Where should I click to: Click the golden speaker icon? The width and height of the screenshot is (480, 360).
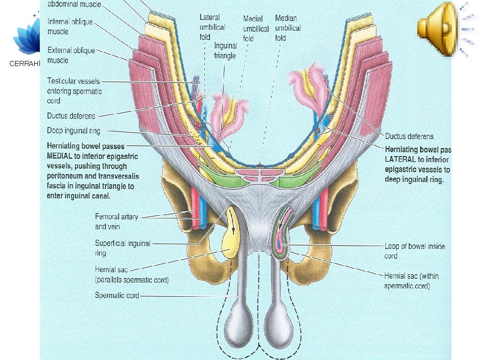click(436, 29)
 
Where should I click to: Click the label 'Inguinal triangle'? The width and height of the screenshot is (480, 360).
click(225, 51)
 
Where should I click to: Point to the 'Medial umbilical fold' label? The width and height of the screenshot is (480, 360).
click(255, 29)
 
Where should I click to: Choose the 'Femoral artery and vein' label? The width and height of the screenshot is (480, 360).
click(114, 222)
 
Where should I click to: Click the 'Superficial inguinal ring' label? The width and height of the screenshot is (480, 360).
click(122, 248)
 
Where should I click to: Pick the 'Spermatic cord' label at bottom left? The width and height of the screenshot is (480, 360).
click(117, 296)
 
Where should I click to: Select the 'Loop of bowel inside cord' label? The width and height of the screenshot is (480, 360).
click(414, 251)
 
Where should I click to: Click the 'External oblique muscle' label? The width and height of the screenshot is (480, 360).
click(71, 55)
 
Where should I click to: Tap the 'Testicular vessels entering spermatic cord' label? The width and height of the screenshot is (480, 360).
click(75, 91)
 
